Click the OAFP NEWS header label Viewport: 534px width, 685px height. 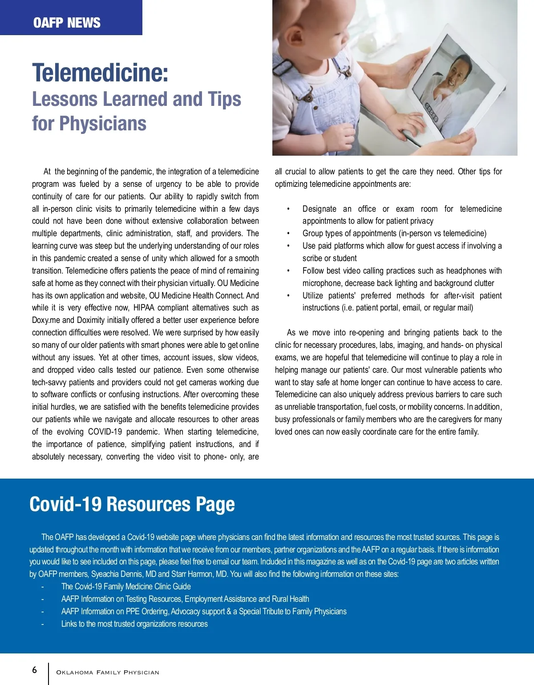(67, 23)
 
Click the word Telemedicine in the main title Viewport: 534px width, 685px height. (100, 73)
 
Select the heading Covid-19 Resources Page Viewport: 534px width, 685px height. (132, 504)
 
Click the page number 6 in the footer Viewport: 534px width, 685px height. (35, 670)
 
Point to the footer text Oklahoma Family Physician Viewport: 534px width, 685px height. (108, 672)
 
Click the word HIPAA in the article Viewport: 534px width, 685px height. (144, 308)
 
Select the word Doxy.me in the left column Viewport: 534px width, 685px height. (46, 320)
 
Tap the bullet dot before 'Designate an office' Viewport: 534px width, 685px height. (288, 209)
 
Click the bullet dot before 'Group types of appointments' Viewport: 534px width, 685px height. (288, 234)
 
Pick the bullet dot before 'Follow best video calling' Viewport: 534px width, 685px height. (288, 271)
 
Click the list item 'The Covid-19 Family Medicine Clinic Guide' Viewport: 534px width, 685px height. (126, 587)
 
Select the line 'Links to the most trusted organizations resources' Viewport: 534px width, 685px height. (134, 624)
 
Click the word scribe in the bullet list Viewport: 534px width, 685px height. (312, 258)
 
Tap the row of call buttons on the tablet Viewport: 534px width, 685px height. (431, 113)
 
